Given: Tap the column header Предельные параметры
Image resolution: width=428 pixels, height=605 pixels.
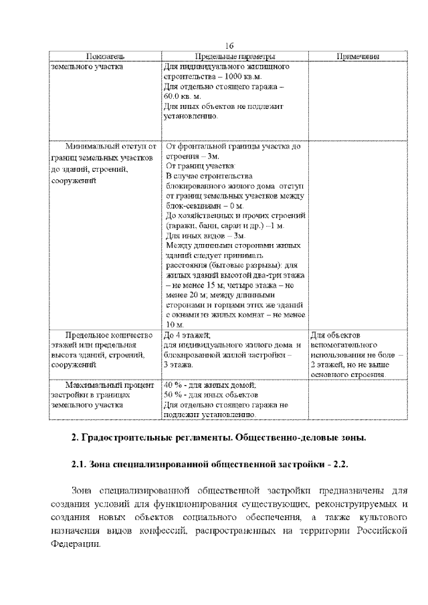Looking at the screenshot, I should pos(235,57).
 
